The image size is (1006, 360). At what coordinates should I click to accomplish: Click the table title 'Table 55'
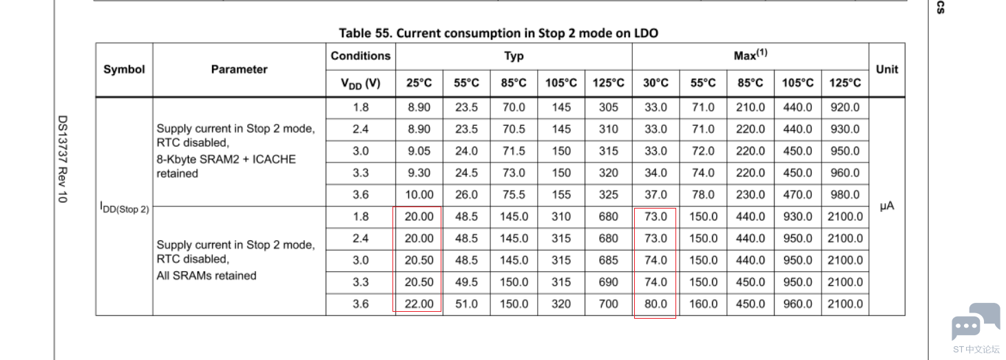pos(500,33)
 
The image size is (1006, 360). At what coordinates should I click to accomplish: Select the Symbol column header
pos(124,70)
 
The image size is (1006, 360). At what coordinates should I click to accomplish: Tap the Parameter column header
pos(239,70)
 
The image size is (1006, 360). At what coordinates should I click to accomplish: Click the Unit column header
pos(886,70)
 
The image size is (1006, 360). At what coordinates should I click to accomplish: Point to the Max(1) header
pos(750,56)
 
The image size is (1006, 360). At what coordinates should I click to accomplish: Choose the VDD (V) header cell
pos(360,83)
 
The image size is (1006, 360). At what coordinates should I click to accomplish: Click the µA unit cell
pos(887,206)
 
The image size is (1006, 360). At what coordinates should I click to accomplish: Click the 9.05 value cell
pos(419,151)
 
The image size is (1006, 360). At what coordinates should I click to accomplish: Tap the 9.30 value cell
pos(419,173)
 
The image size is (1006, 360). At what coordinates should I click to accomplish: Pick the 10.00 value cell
pos(419,195)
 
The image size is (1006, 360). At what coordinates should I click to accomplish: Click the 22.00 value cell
pos(419,304)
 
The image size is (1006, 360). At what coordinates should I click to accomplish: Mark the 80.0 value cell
pos(655,304)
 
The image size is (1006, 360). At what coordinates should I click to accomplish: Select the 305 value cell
pos(608,107)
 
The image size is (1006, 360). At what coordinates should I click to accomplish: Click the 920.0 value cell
pos(845,107)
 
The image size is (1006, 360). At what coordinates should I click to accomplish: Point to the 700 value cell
pos(608,304)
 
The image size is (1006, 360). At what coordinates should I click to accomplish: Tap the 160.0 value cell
pos(703,304)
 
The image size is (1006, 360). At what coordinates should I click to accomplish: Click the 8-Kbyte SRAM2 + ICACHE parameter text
pos(226,159)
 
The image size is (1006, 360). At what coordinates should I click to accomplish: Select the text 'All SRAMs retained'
pos(207,275)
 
